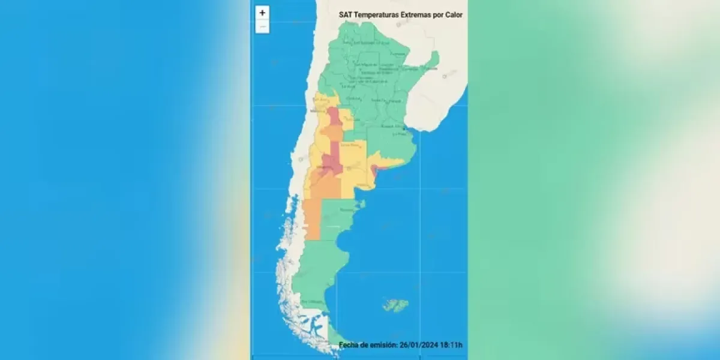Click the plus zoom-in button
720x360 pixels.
tap(262, 13)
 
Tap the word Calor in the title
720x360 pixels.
tap(451, 14)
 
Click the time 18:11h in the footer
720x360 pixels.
tap(452, 344)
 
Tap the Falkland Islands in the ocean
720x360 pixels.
tap(395, 305)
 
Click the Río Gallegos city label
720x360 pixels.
tap(313, 301)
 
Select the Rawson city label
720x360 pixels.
tap(347, 210)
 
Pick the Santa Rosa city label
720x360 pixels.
tap(349, 145)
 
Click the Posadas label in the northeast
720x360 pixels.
tap(430, 68)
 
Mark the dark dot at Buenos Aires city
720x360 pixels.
tap(404, 128)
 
